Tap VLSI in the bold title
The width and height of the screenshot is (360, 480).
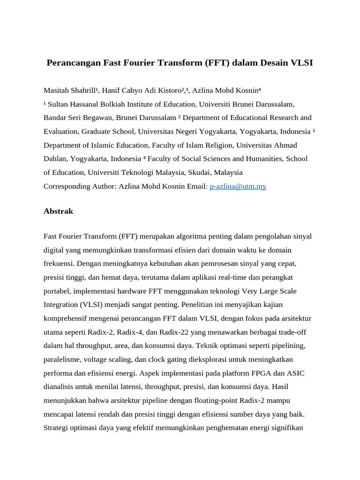(300, 63)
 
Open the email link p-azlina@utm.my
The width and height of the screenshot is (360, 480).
(238, 186)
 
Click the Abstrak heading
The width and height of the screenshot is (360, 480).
(58, 211)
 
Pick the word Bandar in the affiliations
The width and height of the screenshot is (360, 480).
(56, 118)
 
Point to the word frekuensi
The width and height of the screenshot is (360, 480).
(58, 263)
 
